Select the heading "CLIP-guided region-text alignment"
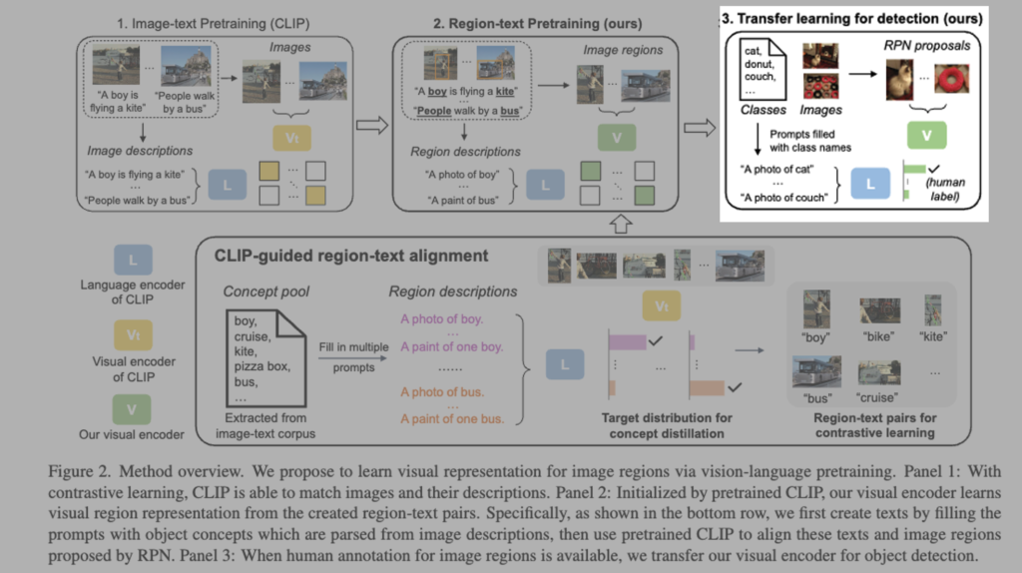click(351, 256)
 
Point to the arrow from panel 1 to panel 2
click(370, 126)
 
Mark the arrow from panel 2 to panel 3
click(700, 126)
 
